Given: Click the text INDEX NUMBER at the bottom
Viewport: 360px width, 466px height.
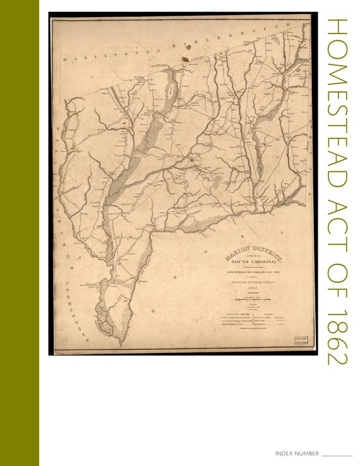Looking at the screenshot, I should [x=297, y=454].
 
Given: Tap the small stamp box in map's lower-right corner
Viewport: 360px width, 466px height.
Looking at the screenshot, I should [x=303, y=340].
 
